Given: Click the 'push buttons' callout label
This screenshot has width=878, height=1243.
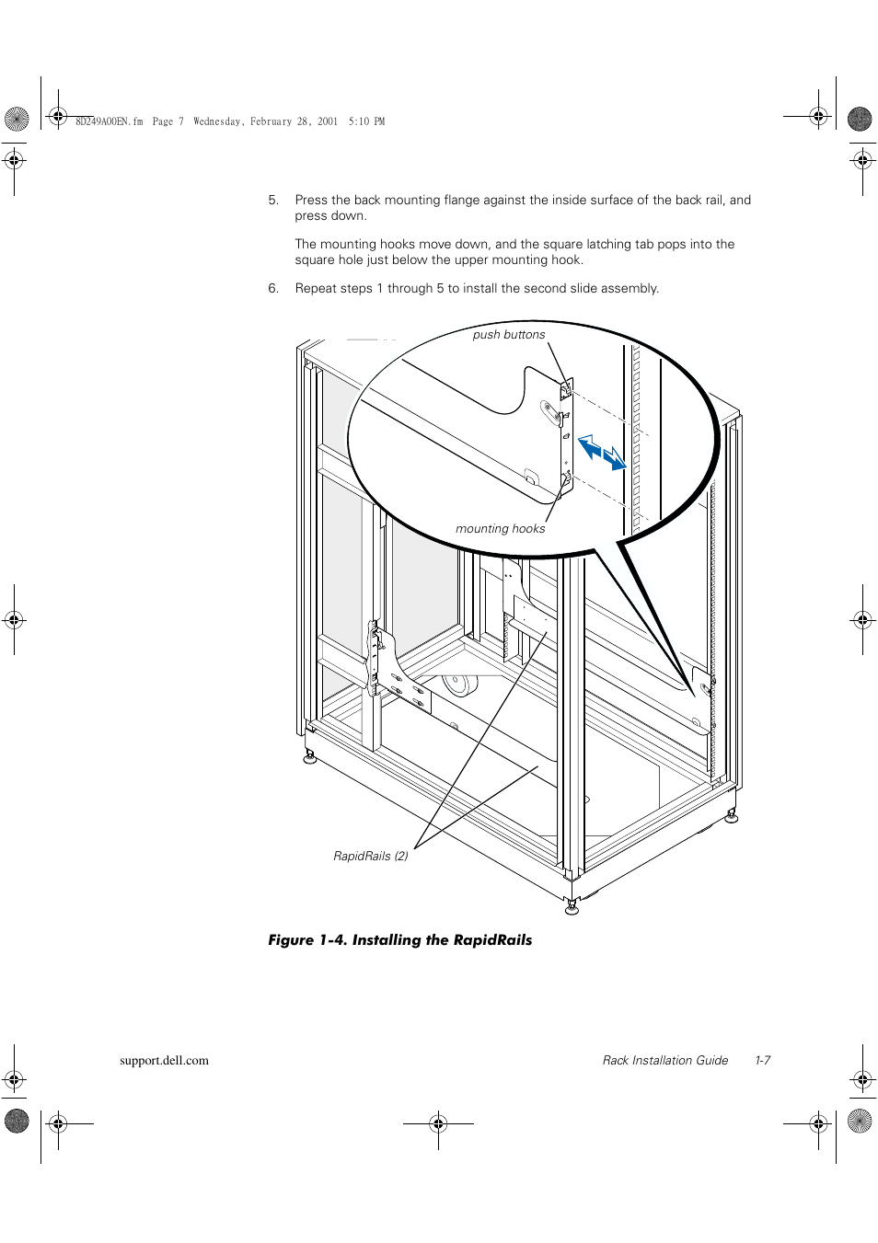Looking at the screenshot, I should point(508,335).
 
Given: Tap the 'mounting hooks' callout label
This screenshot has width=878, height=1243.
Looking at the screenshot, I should point(500,529).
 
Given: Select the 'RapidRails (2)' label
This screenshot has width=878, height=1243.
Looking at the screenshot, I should point(370,857).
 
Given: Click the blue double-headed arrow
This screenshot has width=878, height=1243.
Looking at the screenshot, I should point(602,453).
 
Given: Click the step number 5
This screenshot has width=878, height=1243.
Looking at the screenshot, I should point(272,201).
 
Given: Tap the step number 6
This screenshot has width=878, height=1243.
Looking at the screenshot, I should point(272,289).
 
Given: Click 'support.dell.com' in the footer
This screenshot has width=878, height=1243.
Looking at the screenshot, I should point(164,1061).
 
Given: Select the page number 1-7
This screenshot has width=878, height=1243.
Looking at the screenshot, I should point(762,1061).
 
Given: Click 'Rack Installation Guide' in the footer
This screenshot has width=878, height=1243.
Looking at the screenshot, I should point(664,1061).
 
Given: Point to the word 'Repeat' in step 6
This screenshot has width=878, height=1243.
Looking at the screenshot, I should point(316,289).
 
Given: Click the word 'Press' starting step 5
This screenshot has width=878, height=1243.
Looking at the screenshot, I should point(311,201).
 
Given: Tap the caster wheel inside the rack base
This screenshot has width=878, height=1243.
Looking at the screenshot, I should point(458,685).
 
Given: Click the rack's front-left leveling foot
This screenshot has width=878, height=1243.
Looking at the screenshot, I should point(310,756).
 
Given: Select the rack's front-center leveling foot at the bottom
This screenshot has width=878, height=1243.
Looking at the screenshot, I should point(572,907).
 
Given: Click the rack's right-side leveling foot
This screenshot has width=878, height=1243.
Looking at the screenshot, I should point(732,816).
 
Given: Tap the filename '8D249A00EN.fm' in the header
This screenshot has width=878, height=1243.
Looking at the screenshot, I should point(109,121).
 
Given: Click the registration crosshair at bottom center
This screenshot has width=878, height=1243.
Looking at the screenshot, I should point(438,1123).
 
